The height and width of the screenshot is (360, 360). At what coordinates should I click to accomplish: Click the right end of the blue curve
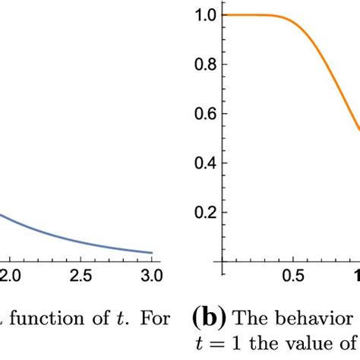pos(152,253)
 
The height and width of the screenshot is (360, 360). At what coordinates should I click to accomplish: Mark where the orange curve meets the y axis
pos(223,15)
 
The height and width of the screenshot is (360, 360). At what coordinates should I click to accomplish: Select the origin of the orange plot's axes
pos(223,262)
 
